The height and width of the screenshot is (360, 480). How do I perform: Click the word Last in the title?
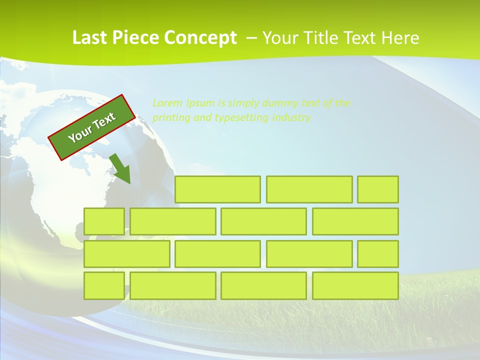point(90,38)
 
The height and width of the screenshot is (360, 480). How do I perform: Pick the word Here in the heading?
point(400,38)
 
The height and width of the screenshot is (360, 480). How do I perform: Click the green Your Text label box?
point(92,127)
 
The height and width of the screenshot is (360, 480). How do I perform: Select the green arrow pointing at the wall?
point(120,169)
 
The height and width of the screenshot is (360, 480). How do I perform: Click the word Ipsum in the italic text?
point(199,103)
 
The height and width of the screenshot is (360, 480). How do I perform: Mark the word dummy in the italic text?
point(280,103)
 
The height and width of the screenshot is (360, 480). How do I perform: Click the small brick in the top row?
point(378,189)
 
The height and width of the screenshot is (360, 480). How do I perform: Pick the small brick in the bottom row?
point(104,285)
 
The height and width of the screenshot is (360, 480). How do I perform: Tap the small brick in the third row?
point(378,253)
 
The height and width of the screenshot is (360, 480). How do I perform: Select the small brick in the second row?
point(104,221)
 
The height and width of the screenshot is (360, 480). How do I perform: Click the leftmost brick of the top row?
point(217,189)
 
